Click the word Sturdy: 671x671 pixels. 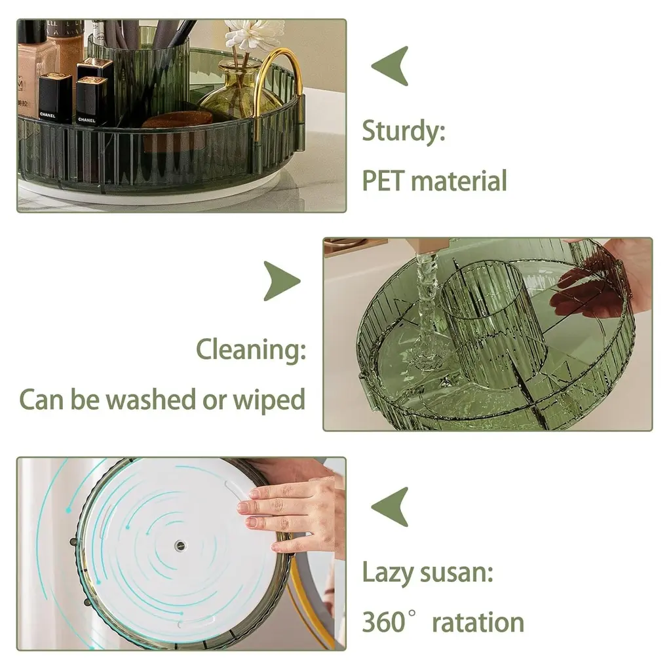point(404,131)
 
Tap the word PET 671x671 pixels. point(383,181)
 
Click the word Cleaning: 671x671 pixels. point(251,350)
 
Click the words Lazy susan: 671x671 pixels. point(427,573)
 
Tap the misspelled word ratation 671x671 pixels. point(478,623)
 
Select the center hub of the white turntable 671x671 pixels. point(180,546)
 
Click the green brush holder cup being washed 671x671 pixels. point(492,324)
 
